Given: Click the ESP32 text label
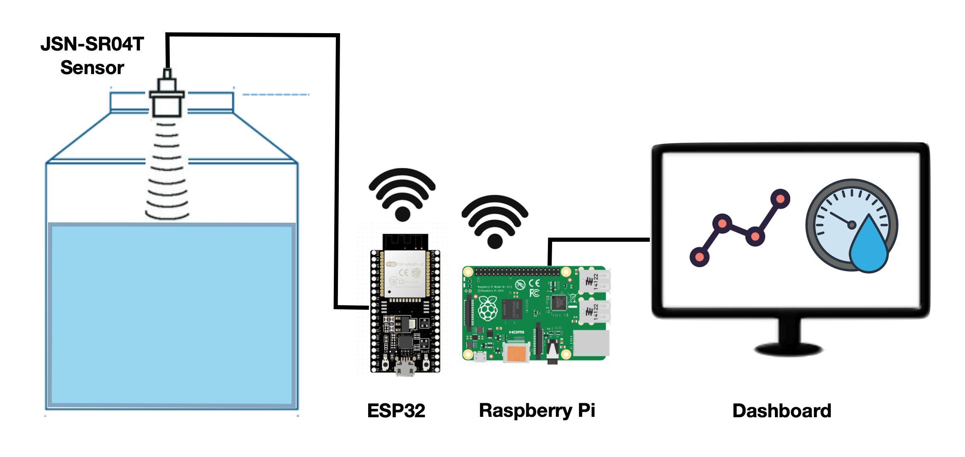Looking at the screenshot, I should (x=396, y=411).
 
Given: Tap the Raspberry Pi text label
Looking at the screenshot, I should (x=537, y=411).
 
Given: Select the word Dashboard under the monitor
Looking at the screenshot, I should (x=782, y=411).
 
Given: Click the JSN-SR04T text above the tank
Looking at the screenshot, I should (x=92, y=44).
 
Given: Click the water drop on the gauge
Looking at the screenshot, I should (x=868, y=248).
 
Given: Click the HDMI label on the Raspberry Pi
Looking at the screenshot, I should (x=516, y=332).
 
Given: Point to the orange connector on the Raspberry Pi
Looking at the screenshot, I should (x=516, y=353).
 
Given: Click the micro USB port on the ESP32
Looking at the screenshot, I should (x=405, y=368).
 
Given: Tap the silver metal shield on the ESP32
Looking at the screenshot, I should (x=405, y=273).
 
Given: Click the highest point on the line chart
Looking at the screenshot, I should (x=780, y=199).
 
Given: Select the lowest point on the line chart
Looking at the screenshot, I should (x=700, y=257).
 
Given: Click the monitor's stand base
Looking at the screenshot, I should (x=789, y=349).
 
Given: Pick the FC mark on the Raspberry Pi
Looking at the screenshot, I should (x=535, y=293).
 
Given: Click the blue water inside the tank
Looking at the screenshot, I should (x=171, y=315).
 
